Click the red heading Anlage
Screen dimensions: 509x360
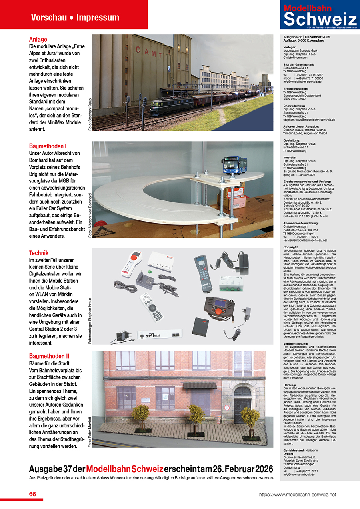point(38,40)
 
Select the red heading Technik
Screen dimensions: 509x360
point(39,253)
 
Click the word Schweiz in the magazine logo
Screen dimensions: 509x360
point(320,20)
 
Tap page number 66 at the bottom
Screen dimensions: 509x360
point(33,494)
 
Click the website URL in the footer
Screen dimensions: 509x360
point(297,495)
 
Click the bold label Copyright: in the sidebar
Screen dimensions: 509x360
point(291,247)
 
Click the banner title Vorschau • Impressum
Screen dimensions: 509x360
point(75,18)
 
